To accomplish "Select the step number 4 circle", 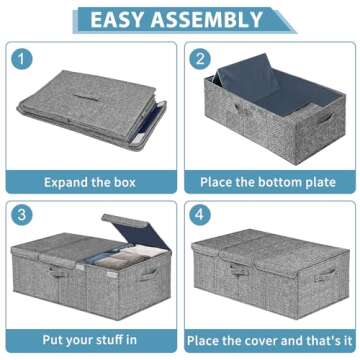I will (x=200, y=215).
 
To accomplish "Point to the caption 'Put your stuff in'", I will (x=90, y=340).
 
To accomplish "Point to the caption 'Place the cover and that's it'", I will (x=270, y=340).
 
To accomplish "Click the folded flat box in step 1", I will (x=90, y=115).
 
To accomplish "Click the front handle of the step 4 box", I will (x=240, y=271).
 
